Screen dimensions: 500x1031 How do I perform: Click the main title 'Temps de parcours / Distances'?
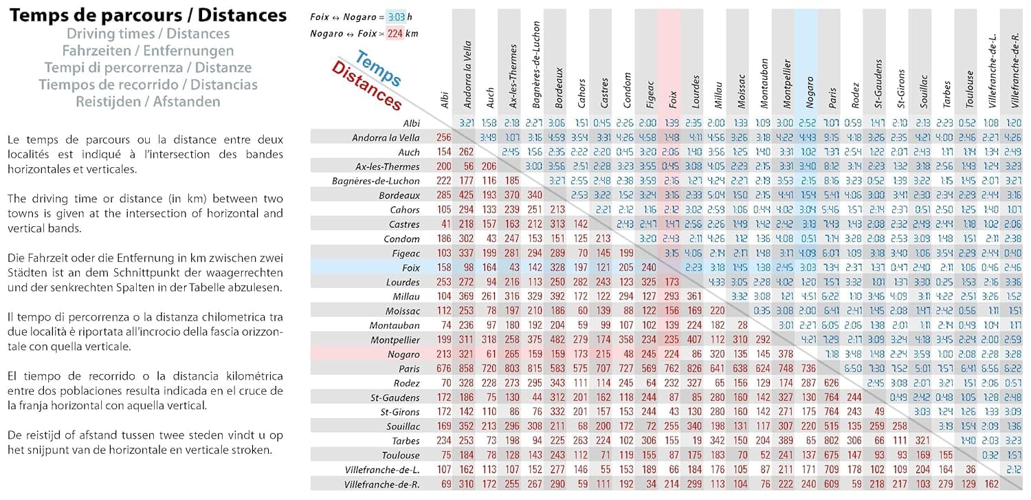(148, 15)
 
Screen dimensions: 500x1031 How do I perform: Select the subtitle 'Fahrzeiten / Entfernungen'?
(148, 51)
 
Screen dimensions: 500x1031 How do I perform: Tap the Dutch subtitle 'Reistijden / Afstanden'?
(148, 102)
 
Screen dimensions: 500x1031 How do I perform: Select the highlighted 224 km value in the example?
(392, 33)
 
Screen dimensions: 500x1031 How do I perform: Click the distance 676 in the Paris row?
(444, 369)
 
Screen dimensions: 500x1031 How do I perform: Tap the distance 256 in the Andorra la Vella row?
(444, 138)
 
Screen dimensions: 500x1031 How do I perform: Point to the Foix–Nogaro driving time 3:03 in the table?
(808, 268)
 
